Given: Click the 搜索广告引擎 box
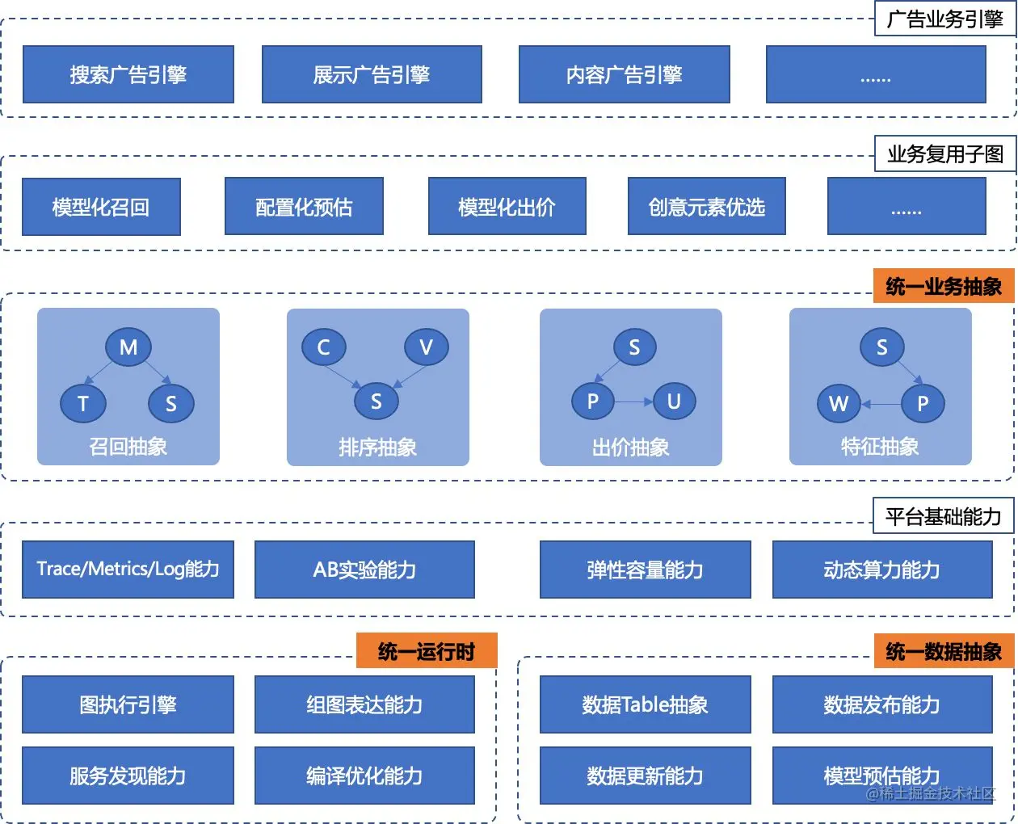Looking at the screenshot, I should [128, 74].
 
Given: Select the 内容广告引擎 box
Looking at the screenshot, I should [624, 74].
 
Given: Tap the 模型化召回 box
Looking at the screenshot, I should [101, 207].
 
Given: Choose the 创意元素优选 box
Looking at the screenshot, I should [706, 207].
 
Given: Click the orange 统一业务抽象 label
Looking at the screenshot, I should [943, 286].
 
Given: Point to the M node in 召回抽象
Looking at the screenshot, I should [128, 347].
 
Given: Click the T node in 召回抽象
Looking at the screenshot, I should [83, 402].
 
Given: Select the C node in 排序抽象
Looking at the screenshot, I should [323, 347].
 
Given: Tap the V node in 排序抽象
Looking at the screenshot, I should [426, 347].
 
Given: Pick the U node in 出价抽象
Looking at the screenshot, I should [673, 401].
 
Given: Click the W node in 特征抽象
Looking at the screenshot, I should [839, 403].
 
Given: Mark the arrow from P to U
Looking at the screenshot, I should [633, 401].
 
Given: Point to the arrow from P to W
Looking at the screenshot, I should [881, 404].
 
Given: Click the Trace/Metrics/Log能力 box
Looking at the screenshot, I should [128, 570].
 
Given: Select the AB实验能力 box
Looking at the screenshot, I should [364, 570].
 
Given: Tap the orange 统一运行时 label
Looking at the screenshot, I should [427, 651].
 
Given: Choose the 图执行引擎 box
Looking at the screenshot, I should [128, 704].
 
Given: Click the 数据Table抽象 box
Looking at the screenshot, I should [645, 704].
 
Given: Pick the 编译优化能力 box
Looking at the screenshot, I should [364, 776].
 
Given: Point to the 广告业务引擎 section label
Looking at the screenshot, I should [944, 19].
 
